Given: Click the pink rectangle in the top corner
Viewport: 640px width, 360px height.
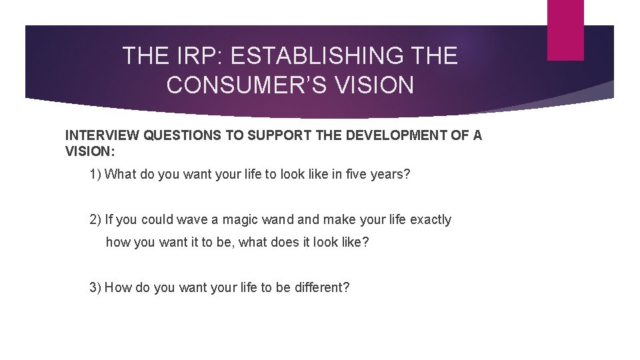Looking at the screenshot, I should (565, 29).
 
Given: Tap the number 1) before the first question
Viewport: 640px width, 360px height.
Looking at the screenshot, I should (95, 175).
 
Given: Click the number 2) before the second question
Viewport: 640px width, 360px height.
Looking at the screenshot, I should (95, 219).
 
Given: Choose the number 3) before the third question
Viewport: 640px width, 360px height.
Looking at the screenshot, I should (95, 287).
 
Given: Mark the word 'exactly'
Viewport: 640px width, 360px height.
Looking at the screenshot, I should (430, 219).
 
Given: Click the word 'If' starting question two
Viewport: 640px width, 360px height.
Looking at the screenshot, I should (109, 219).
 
